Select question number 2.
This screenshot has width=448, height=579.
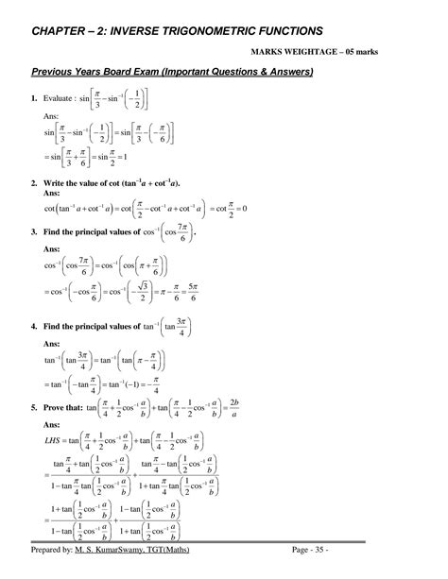coord(34,181)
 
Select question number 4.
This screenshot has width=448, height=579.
coord(34,327)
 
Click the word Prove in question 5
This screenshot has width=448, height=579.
coord(61,409)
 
